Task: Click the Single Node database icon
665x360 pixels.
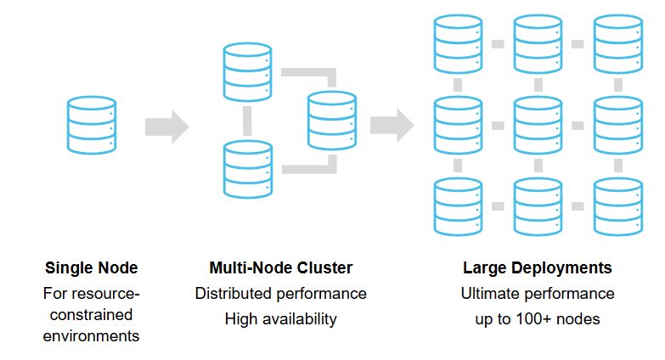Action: (x=91, y=125)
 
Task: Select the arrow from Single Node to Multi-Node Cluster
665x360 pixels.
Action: (x=166, y=127)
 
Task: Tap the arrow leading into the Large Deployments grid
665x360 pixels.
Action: (x=392, y=126)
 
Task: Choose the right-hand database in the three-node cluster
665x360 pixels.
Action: (x=332, y=121)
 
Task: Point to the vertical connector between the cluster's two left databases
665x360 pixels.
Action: (x=247, y=121)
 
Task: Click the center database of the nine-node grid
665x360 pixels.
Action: (x=538, y=125)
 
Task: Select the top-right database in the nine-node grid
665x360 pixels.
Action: (x=617, y=43)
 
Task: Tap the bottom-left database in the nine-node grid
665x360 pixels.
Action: (x=458, y=205)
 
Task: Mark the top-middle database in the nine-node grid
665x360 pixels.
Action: (x=538, y=43)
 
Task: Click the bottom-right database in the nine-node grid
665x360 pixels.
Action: (x=617, y=205)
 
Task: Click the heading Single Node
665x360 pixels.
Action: (x=92, y=268)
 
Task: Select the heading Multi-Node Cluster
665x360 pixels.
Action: (x=280, y=268)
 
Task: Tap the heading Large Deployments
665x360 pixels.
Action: (x=537, y=268)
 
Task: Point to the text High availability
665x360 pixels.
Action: (x=280, y=319)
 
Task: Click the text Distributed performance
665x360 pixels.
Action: (x=280, y=294)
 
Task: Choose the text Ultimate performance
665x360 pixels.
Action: (x=537, y=294)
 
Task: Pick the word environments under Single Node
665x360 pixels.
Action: (x=92, y=335)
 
